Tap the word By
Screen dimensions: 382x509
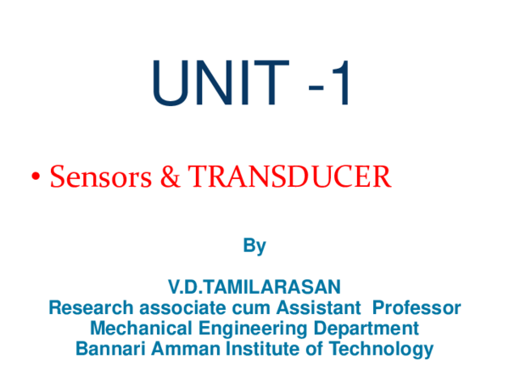(x=255, y=246)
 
